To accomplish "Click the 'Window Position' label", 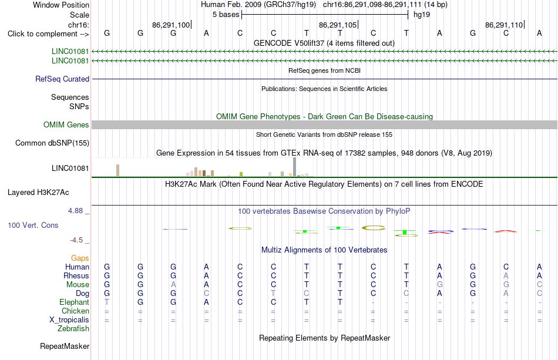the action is [x=61, y=5].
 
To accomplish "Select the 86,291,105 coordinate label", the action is [x=338, y=25].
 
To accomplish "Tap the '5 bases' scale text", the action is [x=226, y=15].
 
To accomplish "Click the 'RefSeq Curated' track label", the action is [x=62, y=79].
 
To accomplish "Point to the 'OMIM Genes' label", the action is [x=66, y=125].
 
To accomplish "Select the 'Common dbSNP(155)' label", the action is [x=52, y=143].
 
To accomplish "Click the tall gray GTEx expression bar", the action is [x=295, y=167].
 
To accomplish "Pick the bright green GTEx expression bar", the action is [x=241, y=174].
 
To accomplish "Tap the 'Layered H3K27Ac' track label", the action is [x=38, y=193].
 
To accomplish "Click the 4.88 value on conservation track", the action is [x=75, y=211].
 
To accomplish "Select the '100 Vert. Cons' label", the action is [x=33, y=225].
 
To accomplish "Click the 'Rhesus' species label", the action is [x=76, y=275].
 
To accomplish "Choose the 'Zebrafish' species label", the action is [x=73, y=329].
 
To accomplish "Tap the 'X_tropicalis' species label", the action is [x=69, y=320].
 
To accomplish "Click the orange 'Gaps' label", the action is [x=80, y=258].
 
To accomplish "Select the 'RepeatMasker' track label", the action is [x=65, y=346].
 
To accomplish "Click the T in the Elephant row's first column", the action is [x=107, y=302].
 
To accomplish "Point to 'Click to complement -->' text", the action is [x=48, y=34].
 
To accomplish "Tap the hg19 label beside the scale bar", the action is [x=422, y=15].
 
